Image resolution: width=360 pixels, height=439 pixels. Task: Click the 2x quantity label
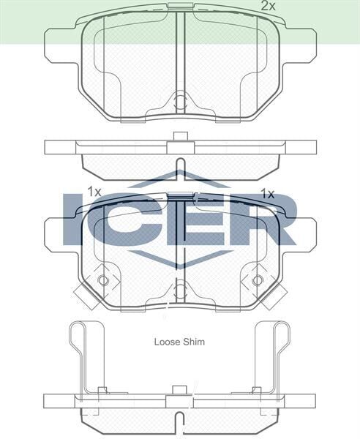(269, 6)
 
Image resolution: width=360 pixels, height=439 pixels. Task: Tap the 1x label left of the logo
(93, 192)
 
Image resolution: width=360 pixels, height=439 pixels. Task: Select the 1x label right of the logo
(267, 194)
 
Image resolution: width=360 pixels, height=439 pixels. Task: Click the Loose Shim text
(179, 341)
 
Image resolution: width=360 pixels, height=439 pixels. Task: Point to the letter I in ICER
(73, 219)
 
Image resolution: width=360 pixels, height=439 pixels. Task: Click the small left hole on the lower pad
(102, 281)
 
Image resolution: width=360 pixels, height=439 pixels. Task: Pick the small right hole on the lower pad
(257, 281)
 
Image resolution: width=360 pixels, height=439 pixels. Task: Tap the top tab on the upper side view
(180, 135)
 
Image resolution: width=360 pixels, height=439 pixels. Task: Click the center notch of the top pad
(180, 101)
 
